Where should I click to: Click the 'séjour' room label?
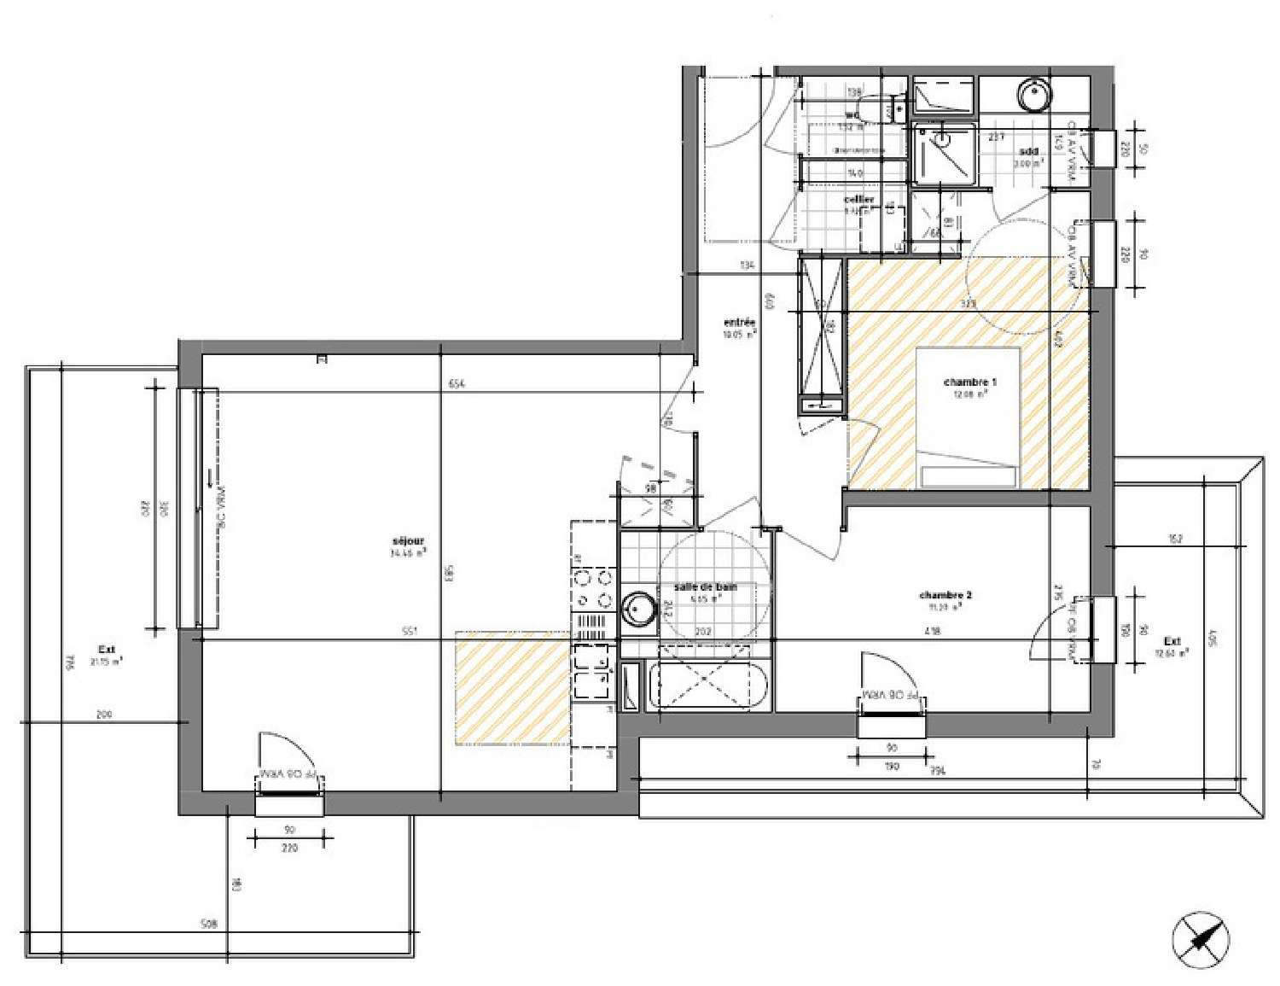pos(408,541)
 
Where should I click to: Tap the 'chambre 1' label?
pos(970,382)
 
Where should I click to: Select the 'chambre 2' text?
pos(945,595)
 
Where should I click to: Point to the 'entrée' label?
pos(739,323)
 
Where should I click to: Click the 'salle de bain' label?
pos(705,587)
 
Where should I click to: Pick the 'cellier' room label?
pos(858,200)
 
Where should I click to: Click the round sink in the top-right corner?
pos(1034,93)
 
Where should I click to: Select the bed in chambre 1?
pos(969,418)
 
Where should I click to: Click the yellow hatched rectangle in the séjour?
pos(512,687)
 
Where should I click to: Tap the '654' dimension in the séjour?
pos(457,384)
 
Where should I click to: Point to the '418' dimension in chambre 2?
pos(932,633)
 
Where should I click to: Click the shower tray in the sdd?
pos(944,154)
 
